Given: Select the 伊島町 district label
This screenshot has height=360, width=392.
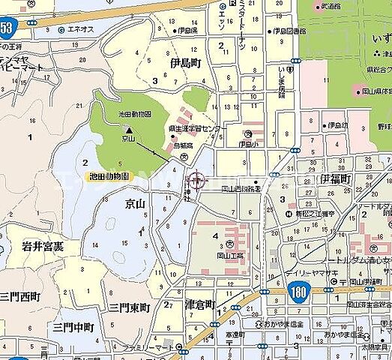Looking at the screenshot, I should click(187, 62).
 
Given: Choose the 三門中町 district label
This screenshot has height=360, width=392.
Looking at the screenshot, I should click(73, 328).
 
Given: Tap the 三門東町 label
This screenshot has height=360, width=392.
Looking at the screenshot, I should click(130, 307).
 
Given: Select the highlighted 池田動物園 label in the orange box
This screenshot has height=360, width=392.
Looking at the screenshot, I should click(109, 177).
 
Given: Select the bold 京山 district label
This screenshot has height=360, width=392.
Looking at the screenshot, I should click(136, 204).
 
